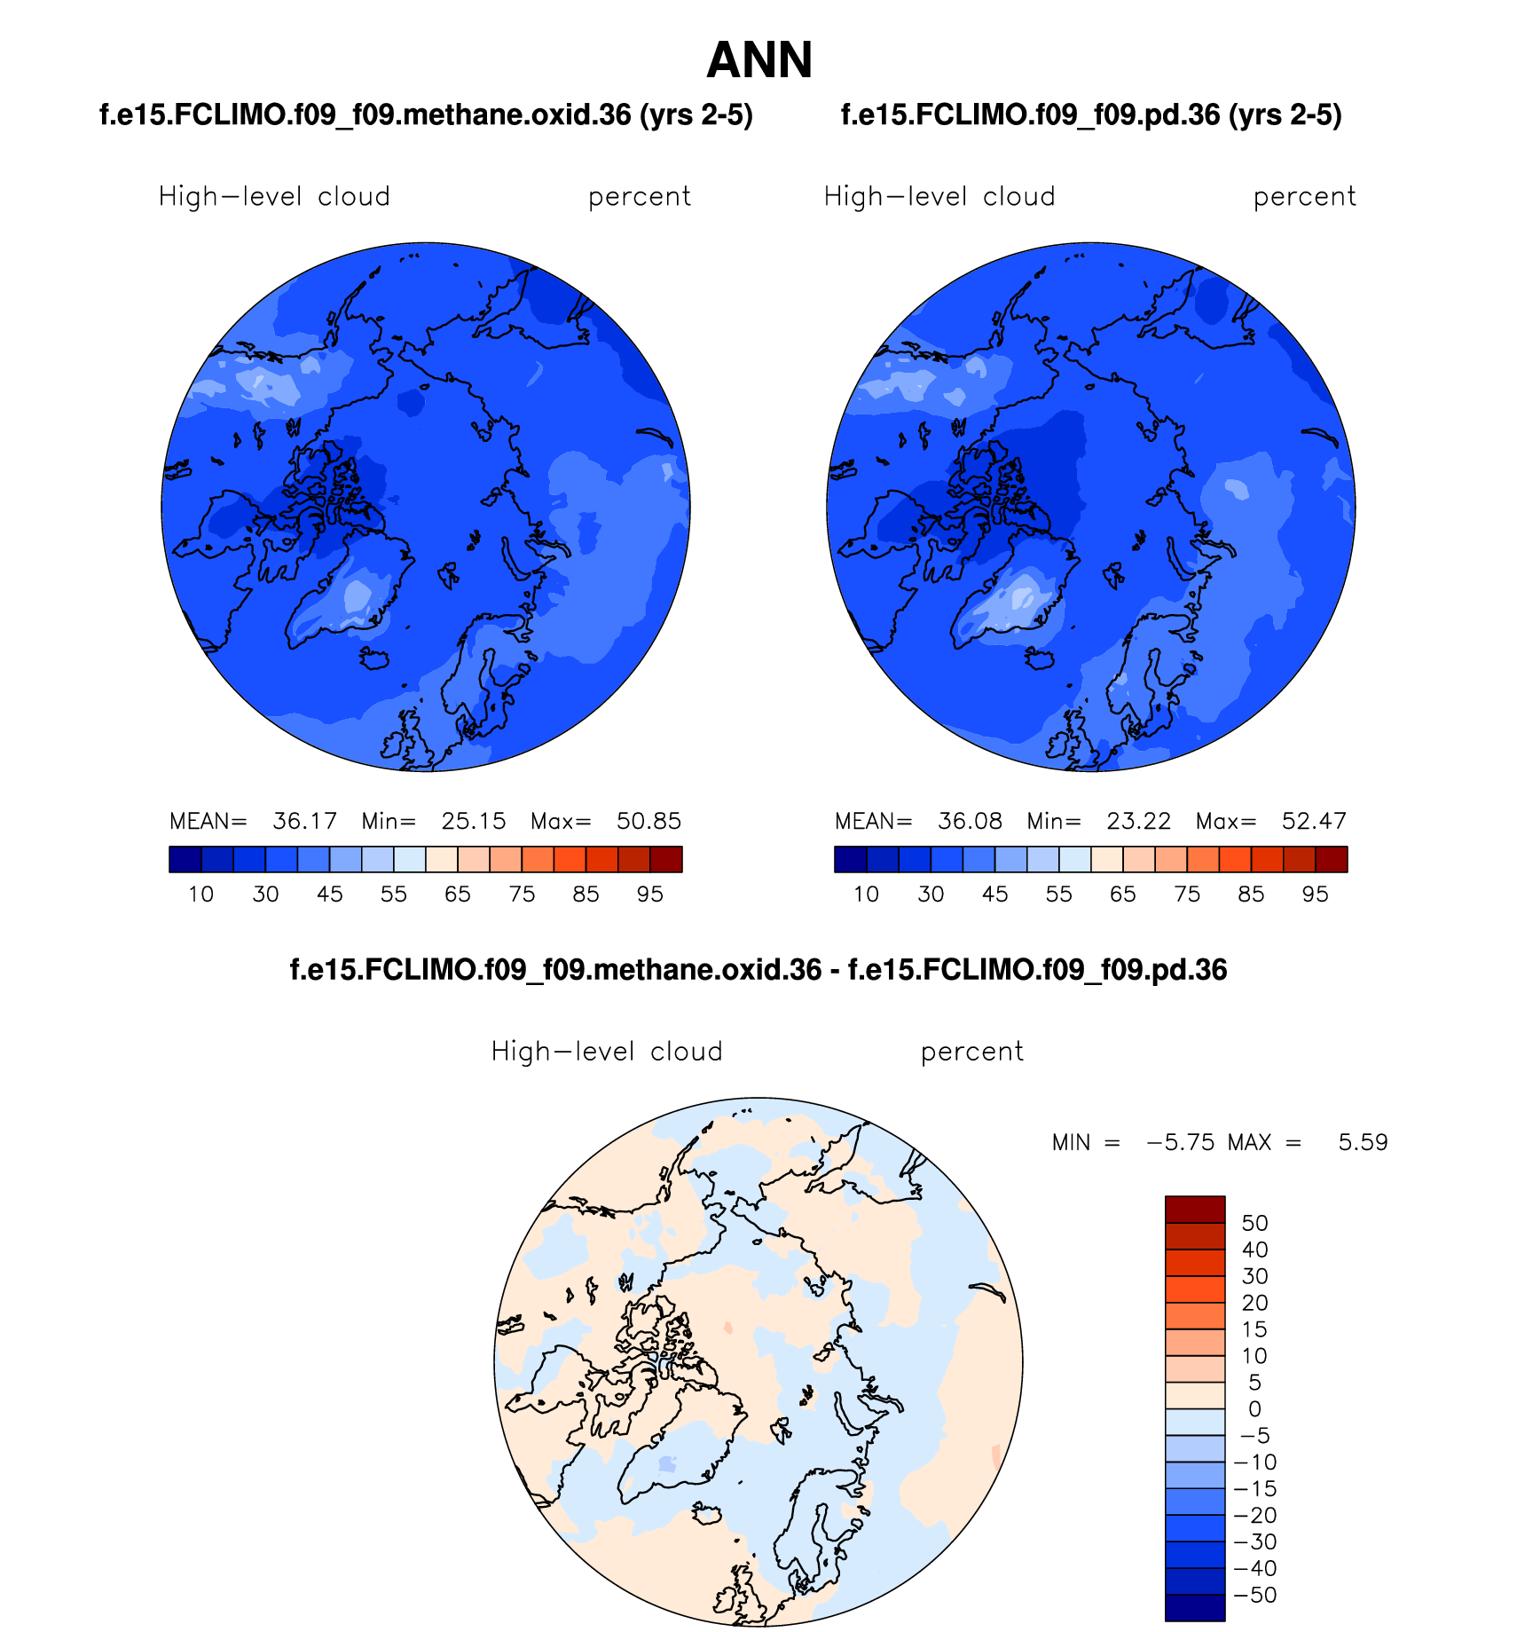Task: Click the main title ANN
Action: coord(759,60)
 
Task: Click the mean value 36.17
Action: coord(304,821)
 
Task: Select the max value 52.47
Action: coord(1314,821)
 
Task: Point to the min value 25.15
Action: coord(474,821)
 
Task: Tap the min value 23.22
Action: coord(1138,821)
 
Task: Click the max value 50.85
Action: coord(648,821)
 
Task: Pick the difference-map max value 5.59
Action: coord(1363,1142)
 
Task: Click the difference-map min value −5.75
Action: coord(1180,1142)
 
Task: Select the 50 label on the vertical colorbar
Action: coord(1254,1223)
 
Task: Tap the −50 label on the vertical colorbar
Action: coord(1254,1595)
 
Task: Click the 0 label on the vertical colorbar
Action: coord(1254,1409)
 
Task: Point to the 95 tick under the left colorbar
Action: coord(650,895)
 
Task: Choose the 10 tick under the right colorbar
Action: coord(866,895)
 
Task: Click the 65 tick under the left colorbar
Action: coord(458,895)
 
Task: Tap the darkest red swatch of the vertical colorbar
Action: coord(1194,1210)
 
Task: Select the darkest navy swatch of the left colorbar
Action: coord(185,860)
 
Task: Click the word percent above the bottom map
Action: coord(971,1052)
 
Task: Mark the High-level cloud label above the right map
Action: coord(939,196)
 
